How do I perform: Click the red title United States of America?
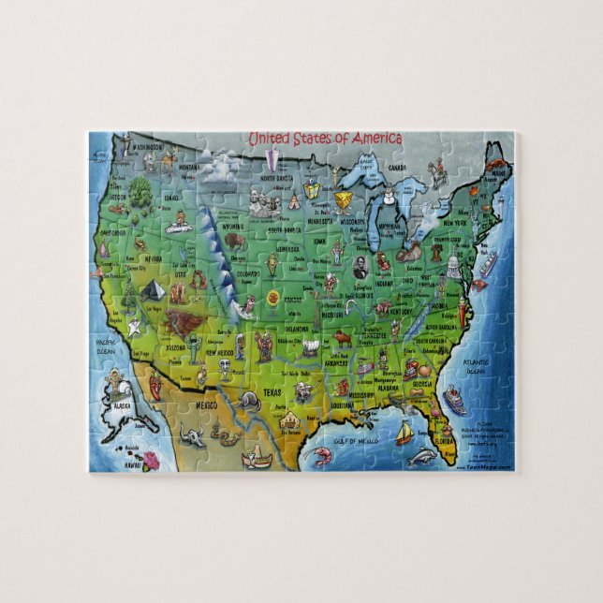[324, 139]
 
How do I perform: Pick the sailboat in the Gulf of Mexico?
[404, 433]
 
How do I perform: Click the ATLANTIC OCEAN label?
[478, 368]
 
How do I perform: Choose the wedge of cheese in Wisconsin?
[346, 201]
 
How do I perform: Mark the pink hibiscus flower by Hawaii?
[151, 460]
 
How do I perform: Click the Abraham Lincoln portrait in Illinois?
[360, 267]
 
